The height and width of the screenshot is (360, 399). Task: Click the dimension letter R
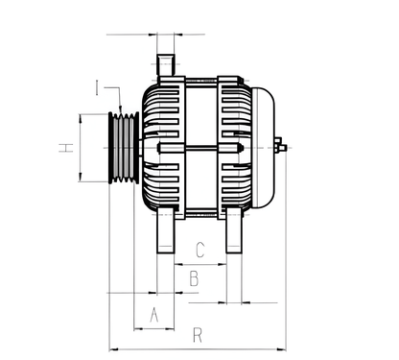click(197, 335)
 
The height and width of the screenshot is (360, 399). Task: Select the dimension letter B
click(193, 279)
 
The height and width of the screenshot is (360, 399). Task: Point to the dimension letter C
click(199, 252)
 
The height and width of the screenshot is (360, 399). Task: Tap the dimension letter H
click(65, 148)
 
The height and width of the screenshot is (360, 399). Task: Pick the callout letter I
click(99, 88)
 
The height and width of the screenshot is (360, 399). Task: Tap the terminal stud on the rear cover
click(280, 147)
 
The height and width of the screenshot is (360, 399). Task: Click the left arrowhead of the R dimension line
click(113, 348)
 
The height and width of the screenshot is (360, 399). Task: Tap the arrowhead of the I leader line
click(121, 107)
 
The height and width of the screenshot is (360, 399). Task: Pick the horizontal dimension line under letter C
click(199, 262)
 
